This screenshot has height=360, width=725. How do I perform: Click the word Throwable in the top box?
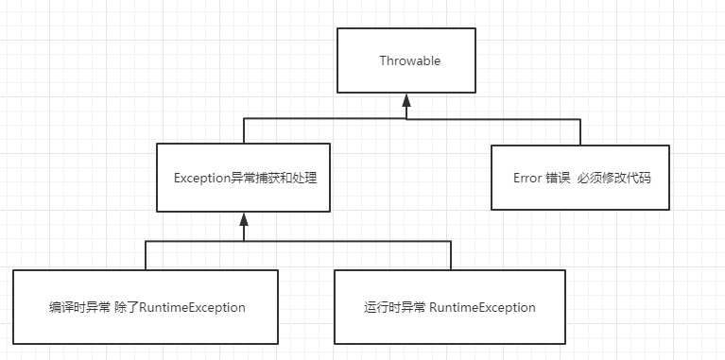coord(409,61)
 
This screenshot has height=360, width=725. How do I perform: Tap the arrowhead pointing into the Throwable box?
coord(406,99)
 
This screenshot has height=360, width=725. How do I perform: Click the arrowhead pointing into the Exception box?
coord(244,218)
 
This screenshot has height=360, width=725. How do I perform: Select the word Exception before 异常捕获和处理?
coord(202,178)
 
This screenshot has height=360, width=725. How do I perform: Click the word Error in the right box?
coord(527,178)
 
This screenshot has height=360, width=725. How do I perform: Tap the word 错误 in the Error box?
coord(558,178)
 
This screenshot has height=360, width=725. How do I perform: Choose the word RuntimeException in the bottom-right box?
coord(482,307)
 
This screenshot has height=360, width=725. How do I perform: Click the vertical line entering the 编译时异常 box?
coord(146,255)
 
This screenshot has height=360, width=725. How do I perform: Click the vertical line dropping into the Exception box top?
coord(244,131)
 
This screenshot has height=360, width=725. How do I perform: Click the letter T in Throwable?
coord(382,61)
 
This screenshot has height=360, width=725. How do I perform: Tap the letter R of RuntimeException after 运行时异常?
coord(433,307)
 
